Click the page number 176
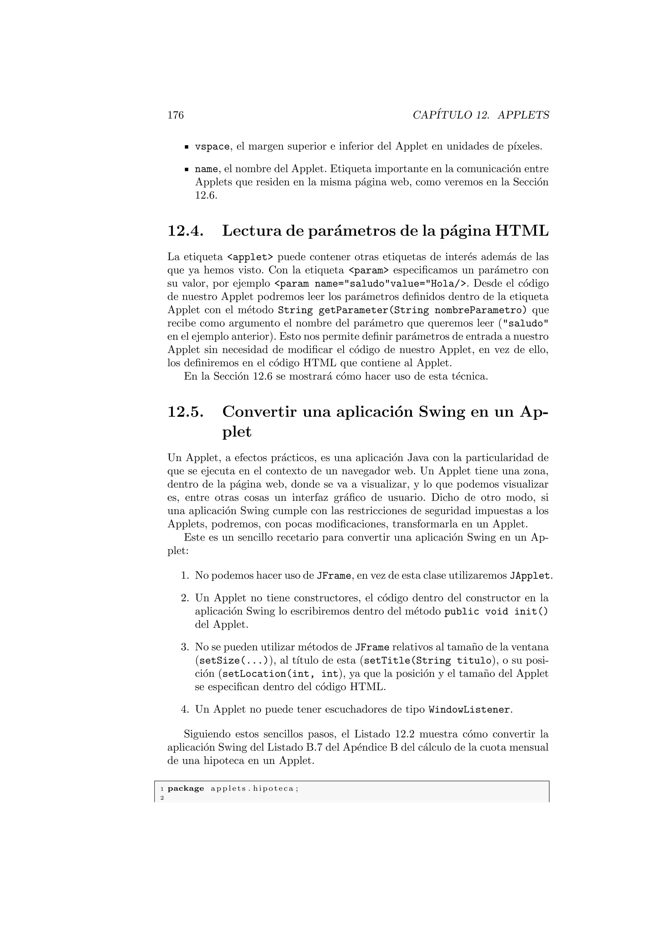pos(176,115)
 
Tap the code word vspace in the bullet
pos(212,147)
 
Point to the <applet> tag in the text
pos(250,257)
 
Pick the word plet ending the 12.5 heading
pos(237,432)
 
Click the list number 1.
pos(185,576)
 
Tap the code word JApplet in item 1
pos(530,576)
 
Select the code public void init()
pos(496,612)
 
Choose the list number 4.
pos(185,710)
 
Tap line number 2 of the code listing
pos(162,798)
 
